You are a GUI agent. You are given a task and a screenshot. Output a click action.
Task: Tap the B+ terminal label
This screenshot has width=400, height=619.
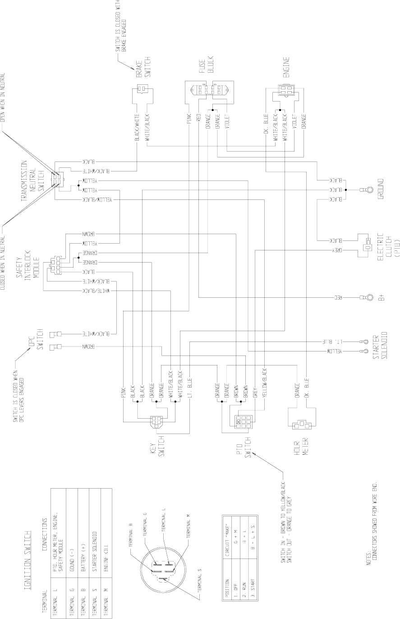click(382, 298)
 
